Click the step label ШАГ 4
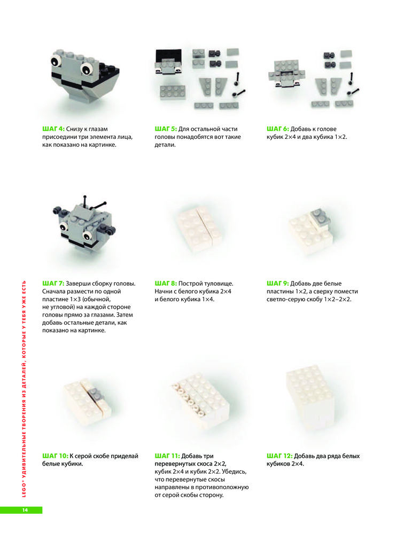[53, 129]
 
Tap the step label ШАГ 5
[166, 129]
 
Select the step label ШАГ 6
[278, 129]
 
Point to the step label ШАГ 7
[53, 284]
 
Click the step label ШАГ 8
[166, 284]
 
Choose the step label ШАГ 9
[278, 284]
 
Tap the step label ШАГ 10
[55, 456]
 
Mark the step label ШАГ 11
[167, 456]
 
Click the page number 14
[25, 510]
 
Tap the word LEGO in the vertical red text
[24, 490]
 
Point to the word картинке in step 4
[102, 145]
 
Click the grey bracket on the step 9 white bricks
[320, 218]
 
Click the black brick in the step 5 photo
[169, 57]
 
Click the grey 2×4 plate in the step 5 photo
[173, 92]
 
